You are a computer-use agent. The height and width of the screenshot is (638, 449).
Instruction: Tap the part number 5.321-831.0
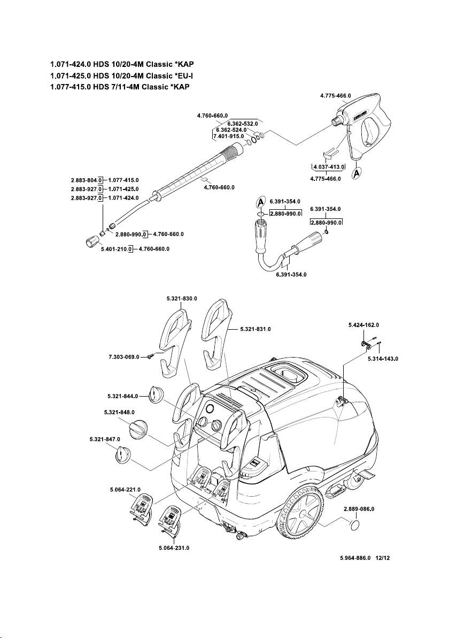255,328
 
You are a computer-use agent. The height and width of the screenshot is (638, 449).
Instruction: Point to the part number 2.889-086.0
362,508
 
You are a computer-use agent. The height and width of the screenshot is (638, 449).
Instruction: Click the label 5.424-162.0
363,324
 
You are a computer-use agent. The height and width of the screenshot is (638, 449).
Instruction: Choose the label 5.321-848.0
119,412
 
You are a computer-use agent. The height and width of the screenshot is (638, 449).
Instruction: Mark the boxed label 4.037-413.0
329,167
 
